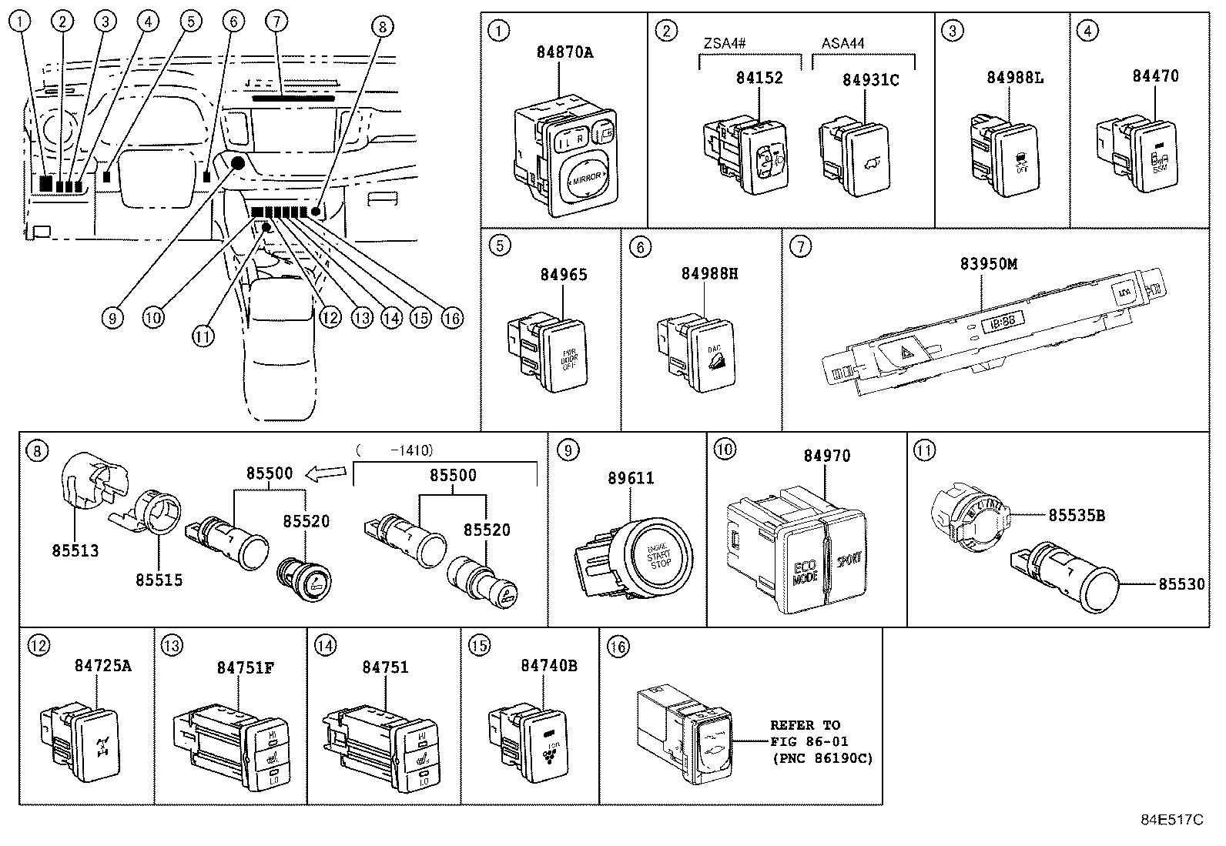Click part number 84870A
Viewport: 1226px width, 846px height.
pyautogui.click(x=565, y=52)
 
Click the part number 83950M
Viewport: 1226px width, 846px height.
pyautogui.click(x=989, y=264)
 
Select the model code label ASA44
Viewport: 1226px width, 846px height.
pyautogui.click(x=842, y=43)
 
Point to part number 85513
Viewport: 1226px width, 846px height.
pyautogui.click(x=75, y=551)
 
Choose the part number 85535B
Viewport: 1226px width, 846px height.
pyautogui.click(x=1076, y=516)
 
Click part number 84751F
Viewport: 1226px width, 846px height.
pyautogui.click(x=244, y=667)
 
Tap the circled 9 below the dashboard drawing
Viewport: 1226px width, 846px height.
pyautogui.click(x=113, y=316)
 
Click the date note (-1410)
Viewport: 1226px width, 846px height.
pyautogui.click(x=395, y=450)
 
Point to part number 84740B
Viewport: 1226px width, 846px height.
pyautogui.click(x=549, y=665)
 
